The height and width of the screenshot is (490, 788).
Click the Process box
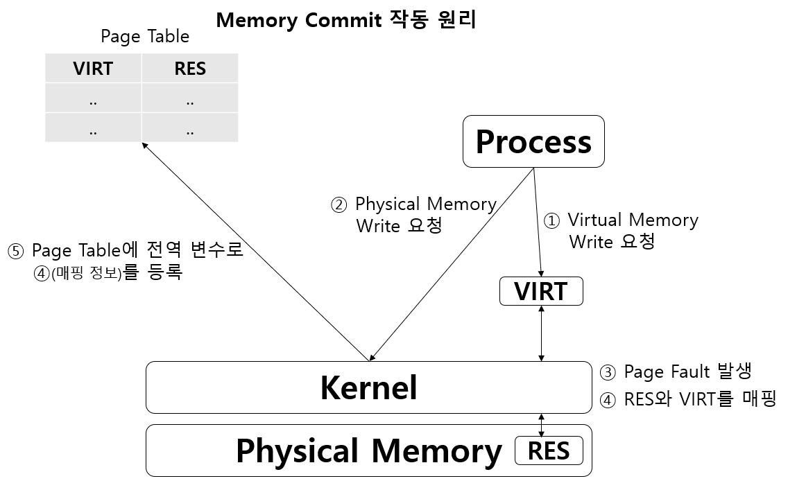[533, 141]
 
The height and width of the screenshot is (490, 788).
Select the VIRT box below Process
[541, 291]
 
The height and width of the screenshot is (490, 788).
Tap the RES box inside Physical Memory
[549, 451]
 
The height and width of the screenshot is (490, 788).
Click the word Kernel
[368, 387]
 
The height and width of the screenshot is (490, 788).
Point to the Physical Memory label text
[368, 451]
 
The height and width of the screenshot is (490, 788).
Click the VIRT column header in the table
[93, 69]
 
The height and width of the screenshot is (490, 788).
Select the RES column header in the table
[190, 69]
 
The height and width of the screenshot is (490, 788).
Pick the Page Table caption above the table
[145, 36]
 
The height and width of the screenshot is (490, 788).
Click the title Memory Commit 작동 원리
[345, 19]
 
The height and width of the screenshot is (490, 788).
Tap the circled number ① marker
[551, 221]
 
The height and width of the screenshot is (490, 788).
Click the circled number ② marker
[338, 205]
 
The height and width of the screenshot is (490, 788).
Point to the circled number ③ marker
[607, 372]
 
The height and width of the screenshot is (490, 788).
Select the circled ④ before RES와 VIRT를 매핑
[607, 400]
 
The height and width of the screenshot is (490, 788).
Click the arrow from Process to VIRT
[538, 222]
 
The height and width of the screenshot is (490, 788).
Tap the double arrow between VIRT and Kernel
[541, 333]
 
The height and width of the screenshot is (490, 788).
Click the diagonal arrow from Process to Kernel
[451, 264]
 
